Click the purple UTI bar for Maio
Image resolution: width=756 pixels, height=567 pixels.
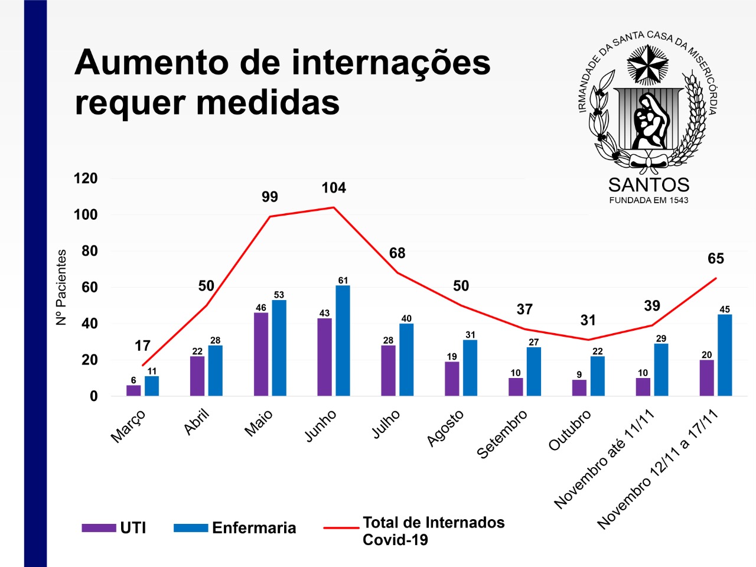[x=260, y=354]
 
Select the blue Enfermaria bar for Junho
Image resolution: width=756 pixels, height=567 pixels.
[x=343, y=341]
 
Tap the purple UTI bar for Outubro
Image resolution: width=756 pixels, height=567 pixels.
[x=579, y=387]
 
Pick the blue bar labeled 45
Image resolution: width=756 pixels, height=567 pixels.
[x=725, y=355]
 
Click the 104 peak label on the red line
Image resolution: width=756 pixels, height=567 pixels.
[x=334, y=188]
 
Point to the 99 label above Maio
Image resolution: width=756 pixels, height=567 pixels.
[x=270, y=197]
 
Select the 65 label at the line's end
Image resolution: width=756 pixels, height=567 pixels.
[x=716, y=259]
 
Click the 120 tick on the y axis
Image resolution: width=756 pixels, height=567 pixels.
[x=85, y=178]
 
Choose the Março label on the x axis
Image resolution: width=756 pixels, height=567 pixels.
[x=128, y=426]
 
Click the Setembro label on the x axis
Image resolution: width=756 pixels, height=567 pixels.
[x=502, y=434]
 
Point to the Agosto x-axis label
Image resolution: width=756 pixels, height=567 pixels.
[x=445, y=428]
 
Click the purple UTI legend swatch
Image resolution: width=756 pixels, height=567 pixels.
[x=99, y=528]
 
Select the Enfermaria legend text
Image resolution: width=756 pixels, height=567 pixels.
[x=254, y=528]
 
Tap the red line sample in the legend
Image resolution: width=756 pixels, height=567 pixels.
[x=341, y=528]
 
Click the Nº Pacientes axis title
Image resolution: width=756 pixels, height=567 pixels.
[x=61, y=287]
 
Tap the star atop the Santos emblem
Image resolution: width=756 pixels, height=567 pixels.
[x=647, y=64]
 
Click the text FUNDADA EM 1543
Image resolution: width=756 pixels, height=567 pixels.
[x=649, y=200]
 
